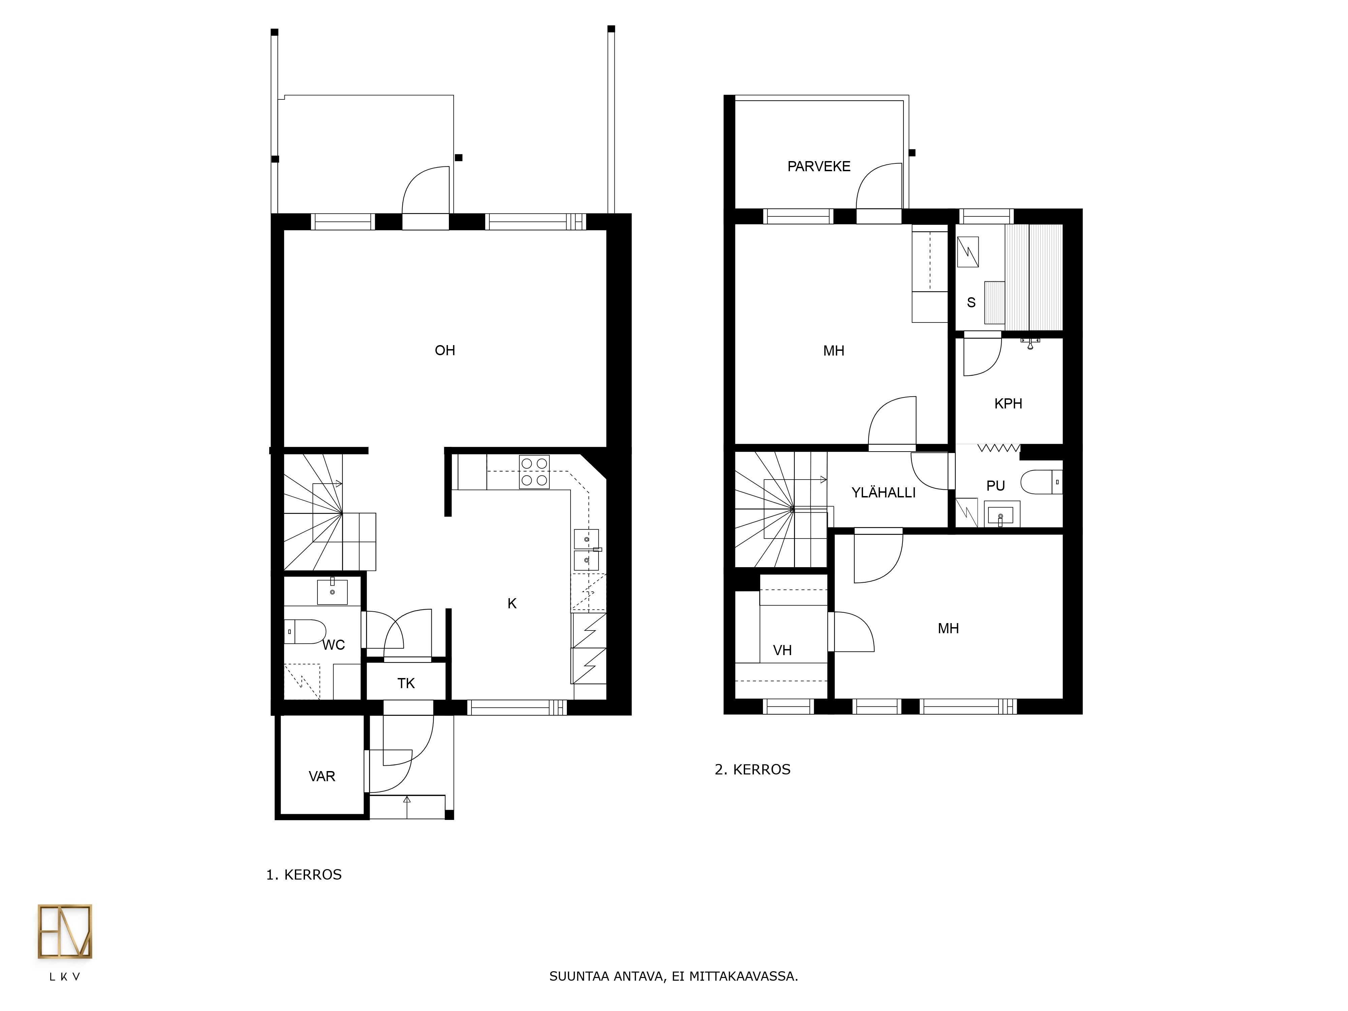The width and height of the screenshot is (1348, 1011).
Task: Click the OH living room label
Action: point(445,350)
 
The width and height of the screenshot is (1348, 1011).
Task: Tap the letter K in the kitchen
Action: point(512,603)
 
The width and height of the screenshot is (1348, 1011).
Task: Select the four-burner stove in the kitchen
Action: point(534,472)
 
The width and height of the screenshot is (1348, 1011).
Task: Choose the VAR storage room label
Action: point(322,776)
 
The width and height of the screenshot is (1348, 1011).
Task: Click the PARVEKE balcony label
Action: point(819,166)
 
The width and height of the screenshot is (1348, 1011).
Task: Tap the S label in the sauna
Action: point(971,302)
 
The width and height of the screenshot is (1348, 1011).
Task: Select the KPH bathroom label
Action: point(1008,403)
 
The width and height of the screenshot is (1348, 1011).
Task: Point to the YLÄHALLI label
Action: point(884,492)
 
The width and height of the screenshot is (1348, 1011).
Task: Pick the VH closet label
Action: point(783,650)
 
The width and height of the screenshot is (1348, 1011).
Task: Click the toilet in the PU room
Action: point(1041,482)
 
